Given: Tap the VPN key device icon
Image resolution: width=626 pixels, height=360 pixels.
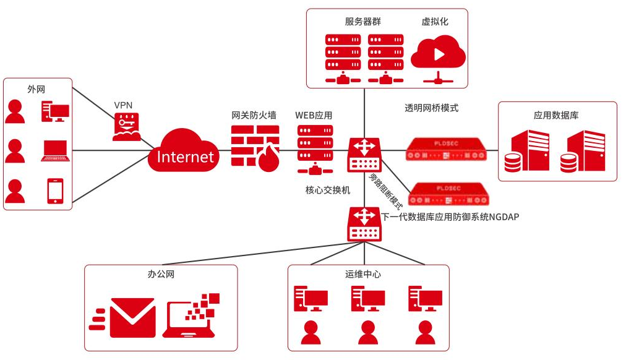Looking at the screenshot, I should point(126,127).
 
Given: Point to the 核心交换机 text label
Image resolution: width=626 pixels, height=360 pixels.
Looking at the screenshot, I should point(327,190).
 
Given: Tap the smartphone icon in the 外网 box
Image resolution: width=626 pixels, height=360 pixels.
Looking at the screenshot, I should point(56,191).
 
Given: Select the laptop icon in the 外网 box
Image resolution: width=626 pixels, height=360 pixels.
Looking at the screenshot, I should point(56,151).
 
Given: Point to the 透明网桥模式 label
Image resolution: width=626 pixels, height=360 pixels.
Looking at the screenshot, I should point(432,108).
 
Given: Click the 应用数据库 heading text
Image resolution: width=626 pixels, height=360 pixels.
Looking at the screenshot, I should point(556,115).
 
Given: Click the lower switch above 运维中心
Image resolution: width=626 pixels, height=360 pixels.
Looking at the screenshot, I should point(364,224).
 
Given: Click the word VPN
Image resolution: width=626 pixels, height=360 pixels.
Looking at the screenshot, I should point(123,105).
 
